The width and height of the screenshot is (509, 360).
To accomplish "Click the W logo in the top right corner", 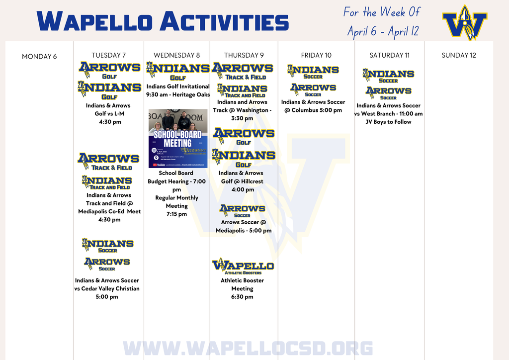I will (x=465, y=23).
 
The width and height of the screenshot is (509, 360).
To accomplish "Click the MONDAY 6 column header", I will (x=39, y=57).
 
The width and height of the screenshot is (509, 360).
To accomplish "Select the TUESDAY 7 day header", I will (x=109, y=55).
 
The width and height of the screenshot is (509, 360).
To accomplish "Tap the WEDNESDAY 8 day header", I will (x=176, y=55).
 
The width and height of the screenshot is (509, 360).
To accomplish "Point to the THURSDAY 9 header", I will (x=244, y=55).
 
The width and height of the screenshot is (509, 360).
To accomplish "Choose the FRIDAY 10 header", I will (x=316, y=55).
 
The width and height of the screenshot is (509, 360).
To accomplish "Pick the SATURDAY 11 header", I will (x=390, y=55).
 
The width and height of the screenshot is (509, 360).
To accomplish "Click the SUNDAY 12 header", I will (x=459, y=55).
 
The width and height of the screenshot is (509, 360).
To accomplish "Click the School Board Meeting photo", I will (x=178, y=132).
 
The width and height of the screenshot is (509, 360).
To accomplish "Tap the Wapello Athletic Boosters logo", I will (x=243, y=267).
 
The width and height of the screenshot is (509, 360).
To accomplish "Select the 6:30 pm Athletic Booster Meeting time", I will (x=243, y=297).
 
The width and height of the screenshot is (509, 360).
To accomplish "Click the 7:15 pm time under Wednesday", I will (x=176, y=214).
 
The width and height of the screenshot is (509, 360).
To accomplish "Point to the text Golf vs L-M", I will (x=109, y=114).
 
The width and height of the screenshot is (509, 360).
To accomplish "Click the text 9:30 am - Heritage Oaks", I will (x=178, y=95).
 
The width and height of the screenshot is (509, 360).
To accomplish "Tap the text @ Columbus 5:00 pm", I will (x=313, y=110).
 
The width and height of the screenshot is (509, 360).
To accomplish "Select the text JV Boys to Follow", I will (x=388, y=122).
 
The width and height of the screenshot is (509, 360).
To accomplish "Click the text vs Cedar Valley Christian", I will (x=107, y=288).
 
